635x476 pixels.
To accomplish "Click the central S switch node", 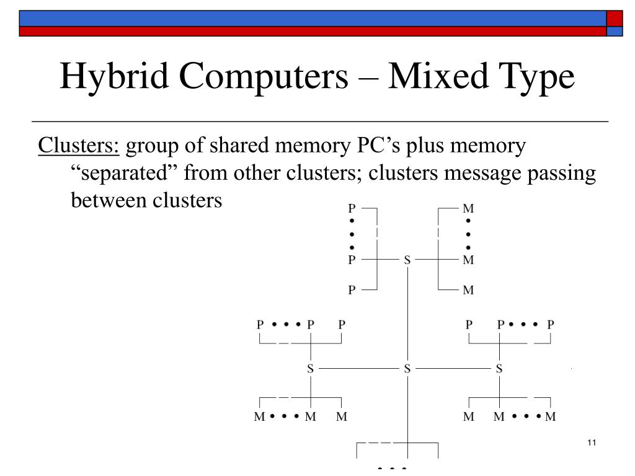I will click(407, 369).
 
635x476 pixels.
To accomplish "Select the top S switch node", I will click(407, 260).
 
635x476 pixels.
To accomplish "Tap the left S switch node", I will click(311, 369).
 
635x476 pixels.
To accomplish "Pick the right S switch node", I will click(499, 369).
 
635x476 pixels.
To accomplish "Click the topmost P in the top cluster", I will click(352, 209).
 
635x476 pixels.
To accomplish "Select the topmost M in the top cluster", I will click(468, 209).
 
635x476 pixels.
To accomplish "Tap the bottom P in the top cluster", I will click(352, 290).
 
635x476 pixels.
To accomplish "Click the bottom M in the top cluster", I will click(468, 290).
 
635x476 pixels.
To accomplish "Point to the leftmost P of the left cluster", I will click(260, 324).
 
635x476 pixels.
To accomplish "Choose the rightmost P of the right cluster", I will click(551, 324).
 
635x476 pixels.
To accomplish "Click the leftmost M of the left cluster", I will click(260, 416).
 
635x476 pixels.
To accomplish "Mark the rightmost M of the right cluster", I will click(551, 416).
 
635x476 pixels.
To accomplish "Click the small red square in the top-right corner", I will click(614, 18).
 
